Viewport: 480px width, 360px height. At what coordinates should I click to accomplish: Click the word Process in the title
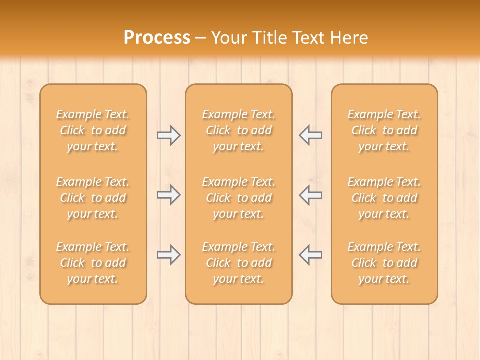point(157,38)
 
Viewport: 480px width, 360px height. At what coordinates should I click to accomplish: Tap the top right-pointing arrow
point(168,135)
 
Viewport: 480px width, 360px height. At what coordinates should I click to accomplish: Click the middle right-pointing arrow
point(168,195)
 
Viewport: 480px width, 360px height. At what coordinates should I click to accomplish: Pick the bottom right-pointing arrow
point(168,255)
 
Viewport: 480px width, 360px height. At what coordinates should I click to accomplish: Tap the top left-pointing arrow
point(311,135)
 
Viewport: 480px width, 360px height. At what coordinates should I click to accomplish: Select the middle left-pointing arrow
point(311,195)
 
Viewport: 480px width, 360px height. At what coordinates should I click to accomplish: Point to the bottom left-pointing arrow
point(311,255)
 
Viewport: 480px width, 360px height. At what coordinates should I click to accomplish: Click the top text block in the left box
point(93,130)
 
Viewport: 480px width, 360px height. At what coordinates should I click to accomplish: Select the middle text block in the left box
point(93,198)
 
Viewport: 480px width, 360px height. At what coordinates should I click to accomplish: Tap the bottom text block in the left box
point(93,263)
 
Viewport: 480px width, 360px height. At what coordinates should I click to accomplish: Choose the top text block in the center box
point(238,130)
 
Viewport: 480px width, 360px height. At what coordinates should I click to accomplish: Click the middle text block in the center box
point(238,198)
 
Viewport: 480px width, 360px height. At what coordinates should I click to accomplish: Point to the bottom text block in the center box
point(238,263)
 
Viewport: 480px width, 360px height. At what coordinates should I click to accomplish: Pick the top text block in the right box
point(384,130)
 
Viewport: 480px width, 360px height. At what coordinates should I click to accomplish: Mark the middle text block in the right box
point(384,198)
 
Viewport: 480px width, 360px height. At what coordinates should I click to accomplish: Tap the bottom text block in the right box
point(384,263)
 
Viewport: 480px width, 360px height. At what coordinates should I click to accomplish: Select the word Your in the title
point(228,38)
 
